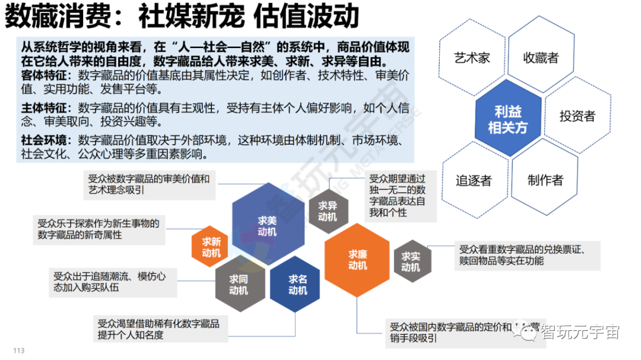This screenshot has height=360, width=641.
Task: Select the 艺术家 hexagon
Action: (472, 58)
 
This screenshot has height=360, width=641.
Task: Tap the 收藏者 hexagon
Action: (541, 58)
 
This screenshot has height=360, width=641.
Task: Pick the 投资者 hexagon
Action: (576, 116)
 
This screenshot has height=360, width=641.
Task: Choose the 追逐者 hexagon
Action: (474, 180)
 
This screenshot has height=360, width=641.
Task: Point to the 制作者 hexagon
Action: (545, 180)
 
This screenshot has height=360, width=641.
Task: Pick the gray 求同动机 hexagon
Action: (239, 284)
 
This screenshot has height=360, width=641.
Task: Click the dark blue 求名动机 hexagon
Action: (297, 284)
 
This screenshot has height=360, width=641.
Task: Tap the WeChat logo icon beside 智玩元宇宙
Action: (526, 332)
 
